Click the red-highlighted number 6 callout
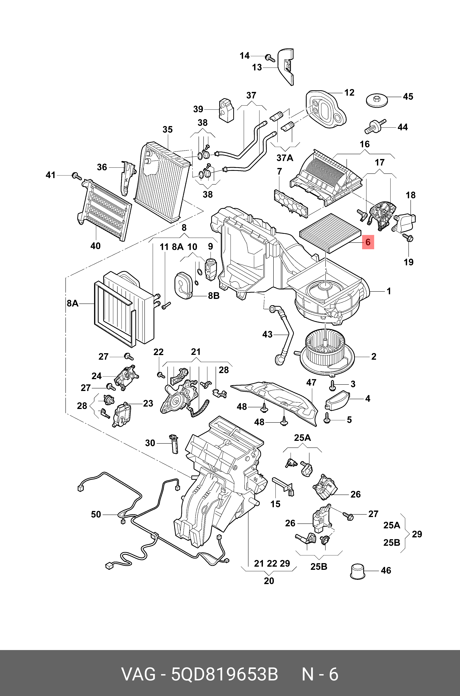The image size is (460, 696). click(x=368, y=242)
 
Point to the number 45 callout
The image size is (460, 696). click(x=408, y=97)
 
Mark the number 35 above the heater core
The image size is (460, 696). click(x=167, y=130)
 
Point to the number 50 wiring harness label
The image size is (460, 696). click(x=96, y=514)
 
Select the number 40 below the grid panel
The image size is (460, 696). click(x=95, y=246)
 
